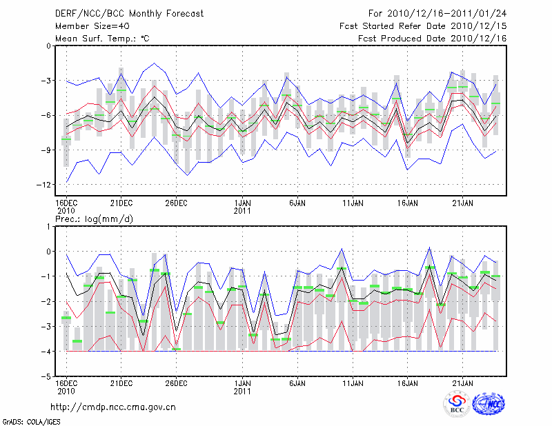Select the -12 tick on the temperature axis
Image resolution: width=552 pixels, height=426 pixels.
[44, 185]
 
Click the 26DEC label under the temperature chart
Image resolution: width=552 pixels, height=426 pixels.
[176, 203]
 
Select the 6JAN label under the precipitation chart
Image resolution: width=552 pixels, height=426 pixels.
[297, 383]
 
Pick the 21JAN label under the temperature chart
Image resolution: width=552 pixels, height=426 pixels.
[462, 203]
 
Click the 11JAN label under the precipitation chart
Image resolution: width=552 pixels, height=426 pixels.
[353, 383]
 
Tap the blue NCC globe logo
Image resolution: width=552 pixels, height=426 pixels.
[489, 405]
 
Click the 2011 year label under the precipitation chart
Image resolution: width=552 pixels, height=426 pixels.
[242, 391]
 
